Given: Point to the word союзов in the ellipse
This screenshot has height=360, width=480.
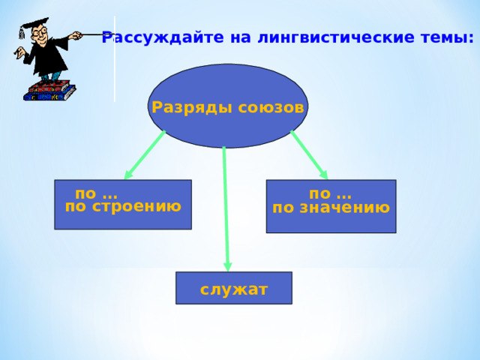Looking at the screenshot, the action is click(x=271, y=108).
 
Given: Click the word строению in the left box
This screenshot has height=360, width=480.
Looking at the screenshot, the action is click(x=136, y=207).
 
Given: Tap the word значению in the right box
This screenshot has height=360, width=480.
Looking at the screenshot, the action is click(x=344, y=208).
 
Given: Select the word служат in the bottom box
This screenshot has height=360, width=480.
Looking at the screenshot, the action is click(x=234, y=289).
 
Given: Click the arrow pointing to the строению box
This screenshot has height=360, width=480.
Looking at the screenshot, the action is click(x=145, y=155).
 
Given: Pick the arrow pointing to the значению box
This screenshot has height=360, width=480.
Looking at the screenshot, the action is click(x=309, y=155).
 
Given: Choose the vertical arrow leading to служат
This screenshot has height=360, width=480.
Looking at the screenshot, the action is click(x=226, y=209).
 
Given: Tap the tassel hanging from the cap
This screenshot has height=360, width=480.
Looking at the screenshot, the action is click(x=21, y=33).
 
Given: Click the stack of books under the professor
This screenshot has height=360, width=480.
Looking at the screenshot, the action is click(x=49, y=91).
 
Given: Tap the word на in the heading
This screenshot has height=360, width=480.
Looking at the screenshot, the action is click(x=241, y=38).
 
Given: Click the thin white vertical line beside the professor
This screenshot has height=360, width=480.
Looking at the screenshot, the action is click(x=115, y=58).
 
